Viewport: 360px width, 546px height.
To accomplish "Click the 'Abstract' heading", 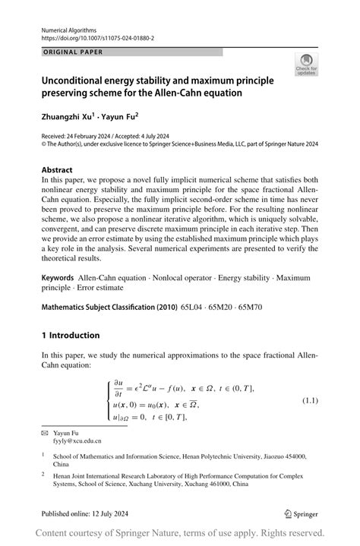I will point(57,170).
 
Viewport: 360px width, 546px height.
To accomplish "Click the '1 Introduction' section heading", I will point(71,335).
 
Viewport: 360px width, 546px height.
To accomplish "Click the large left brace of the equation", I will point(108,401).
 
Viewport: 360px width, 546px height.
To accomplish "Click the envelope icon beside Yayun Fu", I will point(44,432).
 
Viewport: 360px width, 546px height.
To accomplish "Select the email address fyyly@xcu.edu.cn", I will point(77,440).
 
